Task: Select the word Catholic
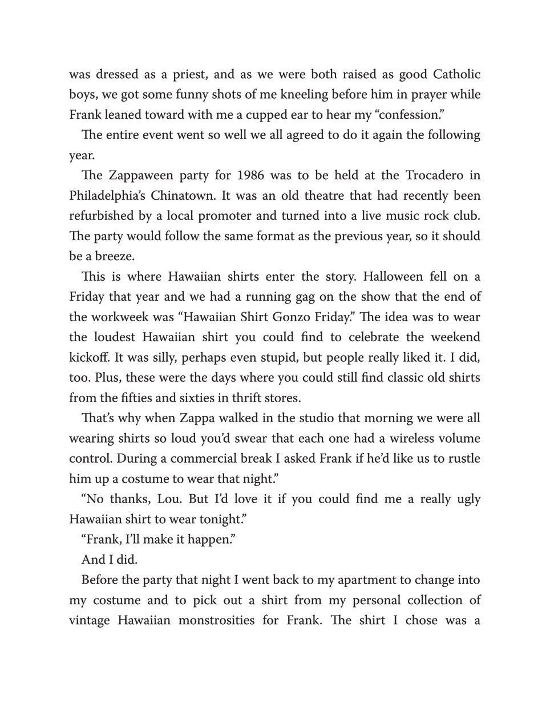(x=456, y=75)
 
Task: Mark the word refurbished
(x=103, y=216)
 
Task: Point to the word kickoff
(x=90, y=358)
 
